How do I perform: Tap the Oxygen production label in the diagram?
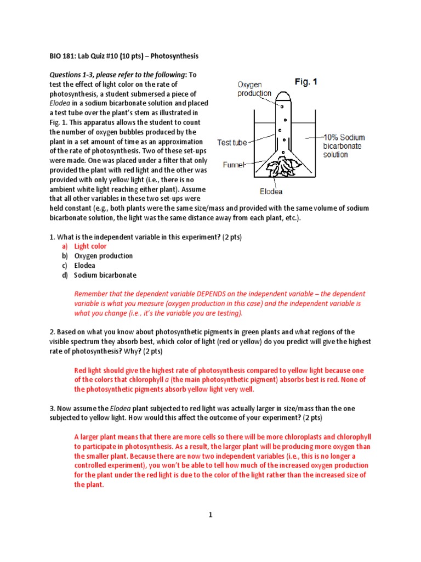[254, 89]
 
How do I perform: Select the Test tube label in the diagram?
[232, 142]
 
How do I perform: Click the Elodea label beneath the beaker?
[271, 192]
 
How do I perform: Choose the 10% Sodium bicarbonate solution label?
[343, 146]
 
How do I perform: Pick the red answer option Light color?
[90, 246]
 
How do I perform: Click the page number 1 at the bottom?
[210, 515]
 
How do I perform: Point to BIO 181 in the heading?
[63, 56]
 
